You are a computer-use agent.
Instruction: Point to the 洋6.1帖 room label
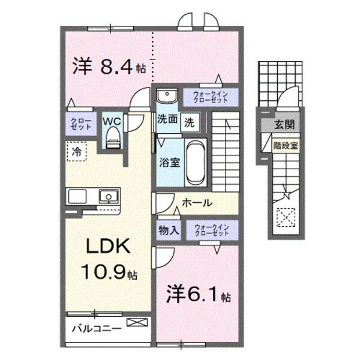pyautogui.click(x=198, y=295)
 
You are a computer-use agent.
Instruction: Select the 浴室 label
pyautogui.click(x=168, y=161)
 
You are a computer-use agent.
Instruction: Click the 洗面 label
pyautogui.click(x=167, y=119)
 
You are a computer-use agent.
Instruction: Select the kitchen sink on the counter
pyautogui.click(x=108, y=196)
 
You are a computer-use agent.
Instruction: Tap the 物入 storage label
pyautogui.click(x=167, y=229)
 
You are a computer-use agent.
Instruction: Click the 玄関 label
pyautogui.click(x=284, y=124)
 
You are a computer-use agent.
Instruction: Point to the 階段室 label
pyautogui.click(x=284, y=144)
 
